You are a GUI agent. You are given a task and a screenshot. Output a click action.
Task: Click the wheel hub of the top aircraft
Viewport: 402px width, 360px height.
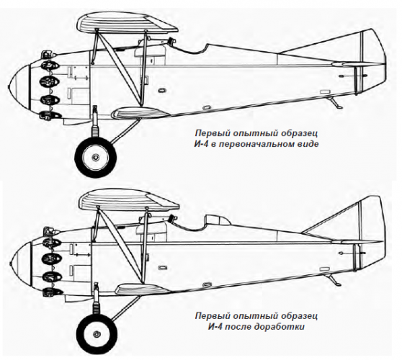click(95, 157)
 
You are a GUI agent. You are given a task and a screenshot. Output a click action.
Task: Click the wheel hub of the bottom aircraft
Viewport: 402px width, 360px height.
click(97, 334)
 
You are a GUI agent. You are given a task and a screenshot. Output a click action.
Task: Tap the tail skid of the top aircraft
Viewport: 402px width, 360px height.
click(336, 103)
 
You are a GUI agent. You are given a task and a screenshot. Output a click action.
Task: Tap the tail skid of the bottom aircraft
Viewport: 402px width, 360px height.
click(334, 279)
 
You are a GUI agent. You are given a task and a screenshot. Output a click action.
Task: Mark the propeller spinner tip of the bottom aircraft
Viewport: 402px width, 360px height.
click(11, 264)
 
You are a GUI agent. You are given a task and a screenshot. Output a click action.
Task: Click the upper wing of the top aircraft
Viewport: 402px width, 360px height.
click(128, 24)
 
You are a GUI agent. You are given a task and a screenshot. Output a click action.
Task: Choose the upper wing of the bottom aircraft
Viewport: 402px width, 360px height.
click(129, 200)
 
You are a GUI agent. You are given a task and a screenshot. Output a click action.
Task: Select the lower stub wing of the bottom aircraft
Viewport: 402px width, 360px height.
click(142, 289)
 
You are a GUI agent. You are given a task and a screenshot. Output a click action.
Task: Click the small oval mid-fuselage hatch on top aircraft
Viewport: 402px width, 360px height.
click(162, 90)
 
